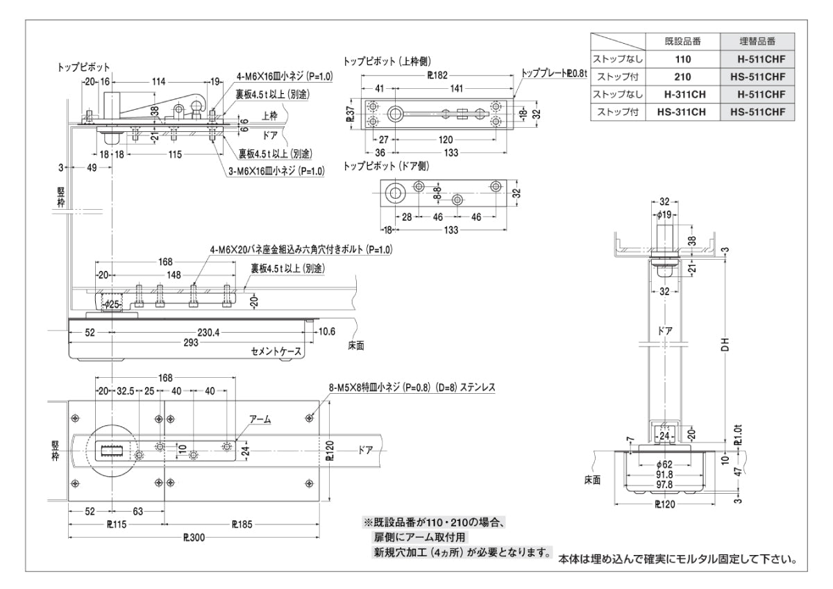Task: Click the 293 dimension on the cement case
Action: [190, 343]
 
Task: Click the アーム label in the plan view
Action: [260, 420]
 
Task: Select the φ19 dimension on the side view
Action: [664, 216]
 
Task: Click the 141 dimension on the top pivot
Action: [456, 88]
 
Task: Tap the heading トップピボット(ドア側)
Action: [387, 166]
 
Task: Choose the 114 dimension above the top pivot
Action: [158, 81]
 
